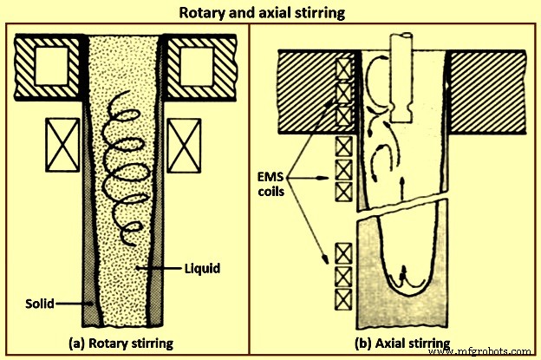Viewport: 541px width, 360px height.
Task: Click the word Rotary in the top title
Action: coord(199,13)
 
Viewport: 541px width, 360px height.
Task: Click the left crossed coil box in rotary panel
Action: coord(62,140)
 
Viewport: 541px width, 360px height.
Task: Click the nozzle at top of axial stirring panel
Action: coord(405,74)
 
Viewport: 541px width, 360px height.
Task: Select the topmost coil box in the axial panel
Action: coord(343,68)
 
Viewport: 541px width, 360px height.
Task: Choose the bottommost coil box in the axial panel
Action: coord(343,298)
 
